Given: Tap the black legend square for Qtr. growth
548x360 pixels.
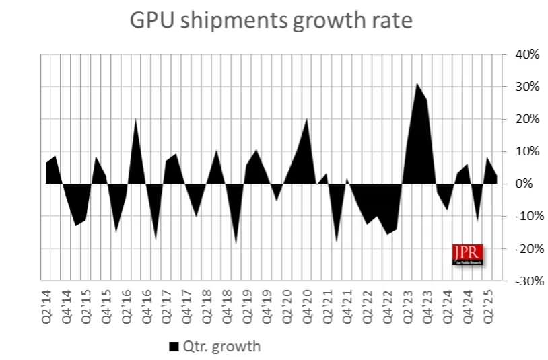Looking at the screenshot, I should click(173, 347).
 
